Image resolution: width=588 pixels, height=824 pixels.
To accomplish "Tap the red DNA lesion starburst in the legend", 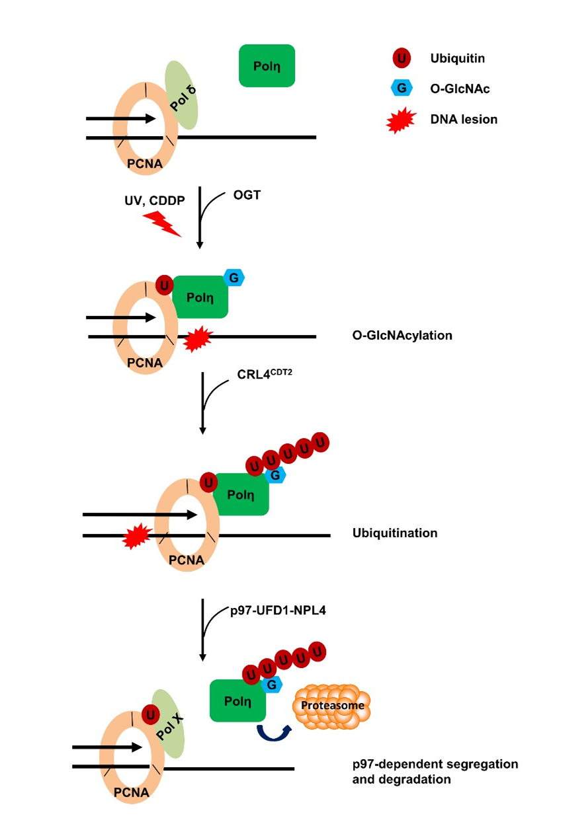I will coord(401,120).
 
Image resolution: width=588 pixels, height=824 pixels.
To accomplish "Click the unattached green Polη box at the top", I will coord(267,65).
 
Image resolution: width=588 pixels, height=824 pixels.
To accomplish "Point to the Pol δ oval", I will coord(181,95).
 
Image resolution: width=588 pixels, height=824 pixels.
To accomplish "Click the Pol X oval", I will coord(168,724).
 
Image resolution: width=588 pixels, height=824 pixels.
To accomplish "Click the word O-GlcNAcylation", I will coord(402,335).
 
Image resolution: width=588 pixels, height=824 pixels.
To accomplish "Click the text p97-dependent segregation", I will coord(435,765).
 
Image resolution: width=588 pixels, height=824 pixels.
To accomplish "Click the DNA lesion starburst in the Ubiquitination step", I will coord(135,539).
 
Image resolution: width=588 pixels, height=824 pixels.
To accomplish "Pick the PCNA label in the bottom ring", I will coord(130,791).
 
